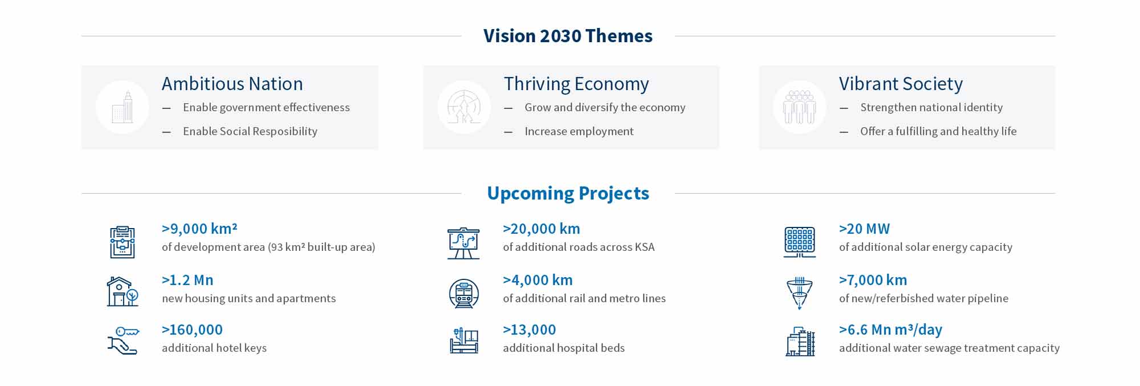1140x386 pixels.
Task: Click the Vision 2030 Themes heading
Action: click(568, 36)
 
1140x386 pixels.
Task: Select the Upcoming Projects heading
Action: click(568, 193)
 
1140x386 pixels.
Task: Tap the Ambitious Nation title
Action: click(232, 84)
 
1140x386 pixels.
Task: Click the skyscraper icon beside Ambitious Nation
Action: click(123, 107)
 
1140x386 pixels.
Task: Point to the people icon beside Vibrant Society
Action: click(799, 107)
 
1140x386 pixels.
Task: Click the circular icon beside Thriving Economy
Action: click(464, 107)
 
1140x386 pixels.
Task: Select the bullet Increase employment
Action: click(579, 132)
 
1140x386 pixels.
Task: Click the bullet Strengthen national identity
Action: click(931, 108)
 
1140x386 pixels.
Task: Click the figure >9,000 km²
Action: click(199, 229)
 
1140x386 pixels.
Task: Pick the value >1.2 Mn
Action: click(188, 280)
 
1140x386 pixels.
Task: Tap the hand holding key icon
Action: click(123, 340)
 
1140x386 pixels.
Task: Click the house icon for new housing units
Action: click(123, 291)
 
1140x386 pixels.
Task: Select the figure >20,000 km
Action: click(541, 229)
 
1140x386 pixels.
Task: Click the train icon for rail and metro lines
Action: click(463, 294)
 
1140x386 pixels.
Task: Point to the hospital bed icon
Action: click(463, 340)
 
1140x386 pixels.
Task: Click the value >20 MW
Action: click(864, 229)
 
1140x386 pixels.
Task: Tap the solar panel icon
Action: click(799, 241)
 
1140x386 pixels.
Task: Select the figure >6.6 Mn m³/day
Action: click(890, 330)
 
